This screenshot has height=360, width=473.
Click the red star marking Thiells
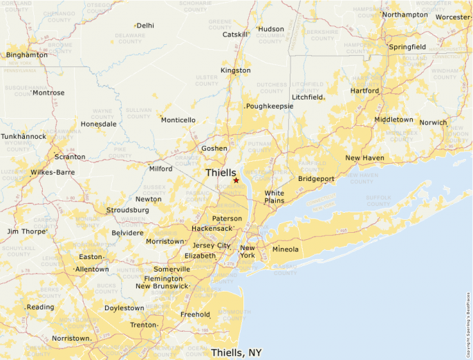coord(236,180)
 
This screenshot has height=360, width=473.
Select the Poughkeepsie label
coord(270,106)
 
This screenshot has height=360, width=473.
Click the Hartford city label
coord(364,91)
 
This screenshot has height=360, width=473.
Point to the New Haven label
coord(364,158)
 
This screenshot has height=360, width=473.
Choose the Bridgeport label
coord(316,178)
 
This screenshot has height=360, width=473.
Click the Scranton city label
coord(70,157)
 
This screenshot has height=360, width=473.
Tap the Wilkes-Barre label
coord(53,172)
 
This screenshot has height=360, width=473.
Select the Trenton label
coord(144,325)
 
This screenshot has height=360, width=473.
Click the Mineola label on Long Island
coord(286,249)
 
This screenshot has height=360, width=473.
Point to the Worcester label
coord(453,17)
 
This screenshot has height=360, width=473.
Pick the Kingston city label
coord(235,70)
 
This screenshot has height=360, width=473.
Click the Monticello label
coord(178,120)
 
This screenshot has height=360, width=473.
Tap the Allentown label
coord(91,269)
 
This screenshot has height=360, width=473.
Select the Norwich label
coord(434,122)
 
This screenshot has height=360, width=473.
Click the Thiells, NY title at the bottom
coord(236,352)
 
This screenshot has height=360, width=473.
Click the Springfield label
coord(407,47)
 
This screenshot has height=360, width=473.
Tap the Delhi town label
coord(145,26)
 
